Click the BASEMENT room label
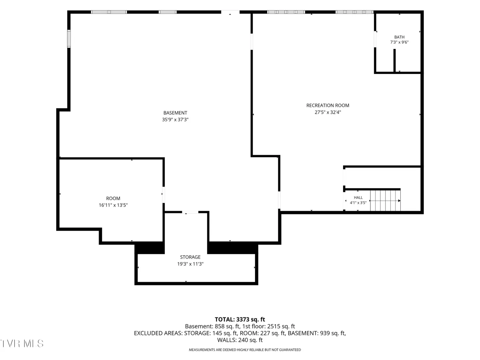175,113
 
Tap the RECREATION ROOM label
328,105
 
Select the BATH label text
399,37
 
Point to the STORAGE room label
190,257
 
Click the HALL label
358,198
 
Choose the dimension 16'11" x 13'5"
113,205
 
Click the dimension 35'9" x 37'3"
175,120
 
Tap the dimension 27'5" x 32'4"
328,112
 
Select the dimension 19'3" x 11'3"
190,264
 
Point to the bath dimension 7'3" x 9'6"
399,42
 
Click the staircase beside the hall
385,200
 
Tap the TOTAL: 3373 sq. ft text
240,320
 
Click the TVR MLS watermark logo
22,344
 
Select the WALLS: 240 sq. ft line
240,340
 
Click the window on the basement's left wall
69,39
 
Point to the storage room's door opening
190,212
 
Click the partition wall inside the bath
394,60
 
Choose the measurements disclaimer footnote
245,350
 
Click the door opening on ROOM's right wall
164,195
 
